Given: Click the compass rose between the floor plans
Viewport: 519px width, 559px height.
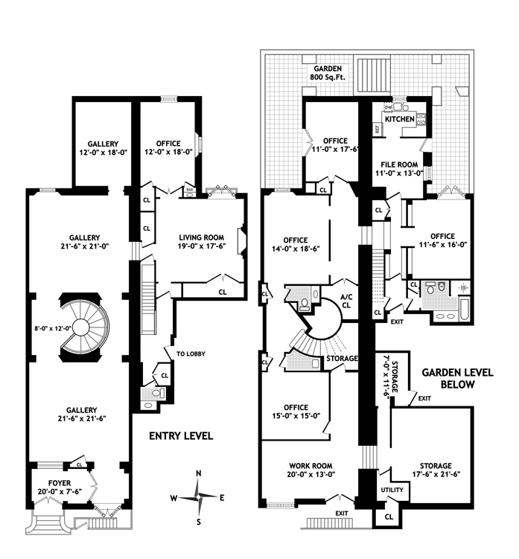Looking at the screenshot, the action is [x=198, y=496].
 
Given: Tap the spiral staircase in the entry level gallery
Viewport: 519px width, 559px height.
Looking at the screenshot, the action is [x=83, y=328].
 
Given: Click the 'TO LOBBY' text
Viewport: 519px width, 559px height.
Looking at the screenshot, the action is [x=191, y=354].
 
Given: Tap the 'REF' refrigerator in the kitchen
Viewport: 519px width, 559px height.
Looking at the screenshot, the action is [x=378, y=129].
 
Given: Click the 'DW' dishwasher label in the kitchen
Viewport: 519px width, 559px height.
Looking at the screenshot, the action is [x=387, y=107].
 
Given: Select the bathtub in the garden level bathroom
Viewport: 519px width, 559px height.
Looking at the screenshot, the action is [x=462, y=312].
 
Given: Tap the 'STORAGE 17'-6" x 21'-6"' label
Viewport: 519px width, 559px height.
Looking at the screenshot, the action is [x=433, y=470].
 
